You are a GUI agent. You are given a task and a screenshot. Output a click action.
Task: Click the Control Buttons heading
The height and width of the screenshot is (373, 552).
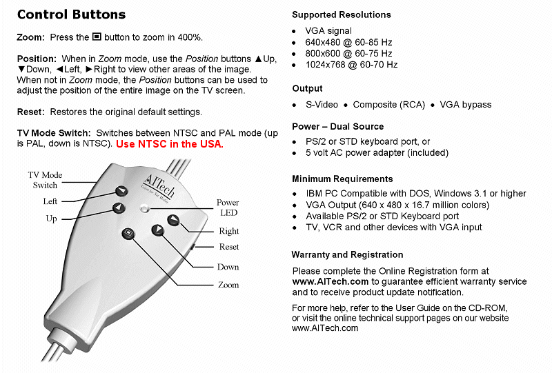point(71,14)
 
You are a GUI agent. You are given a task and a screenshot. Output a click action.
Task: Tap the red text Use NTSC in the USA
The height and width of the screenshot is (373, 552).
point(169,144)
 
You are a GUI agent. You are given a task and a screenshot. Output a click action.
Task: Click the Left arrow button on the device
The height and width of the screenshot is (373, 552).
point(122,192)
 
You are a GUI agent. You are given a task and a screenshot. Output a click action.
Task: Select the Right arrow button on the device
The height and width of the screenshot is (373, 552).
point(172,221)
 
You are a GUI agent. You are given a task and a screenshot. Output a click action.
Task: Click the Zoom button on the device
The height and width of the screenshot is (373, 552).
point(128,233)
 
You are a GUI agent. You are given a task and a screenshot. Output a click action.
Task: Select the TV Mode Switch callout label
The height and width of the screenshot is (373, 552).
point(45,180)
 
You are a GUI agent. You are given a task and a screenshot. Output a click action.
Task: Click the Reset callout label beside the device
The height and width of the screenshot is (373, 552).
point(229,247)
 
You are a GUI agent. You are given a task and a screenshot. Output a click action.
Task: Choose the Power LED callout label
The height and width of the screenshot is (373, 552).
point(228,208)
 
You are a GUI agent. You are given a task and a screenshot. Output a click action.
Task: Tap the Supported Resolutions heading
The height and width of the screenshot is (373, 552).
point(341,14)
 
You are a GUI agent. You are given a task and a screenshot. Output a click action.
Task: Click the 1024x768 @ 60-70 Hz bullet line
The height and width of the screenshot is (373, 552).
point(352,65)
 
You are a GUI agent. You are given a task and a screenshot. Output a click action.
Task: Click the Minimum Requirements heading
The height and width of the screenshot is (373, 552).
point(342,179)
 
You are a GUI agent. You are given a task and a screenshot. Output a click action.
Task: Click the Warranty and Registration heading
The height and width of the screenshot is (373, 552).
point(347,254)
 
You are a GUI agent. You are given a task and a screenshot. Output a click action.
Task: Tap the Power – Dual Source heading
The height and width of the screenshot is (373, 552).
point(337,127)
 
